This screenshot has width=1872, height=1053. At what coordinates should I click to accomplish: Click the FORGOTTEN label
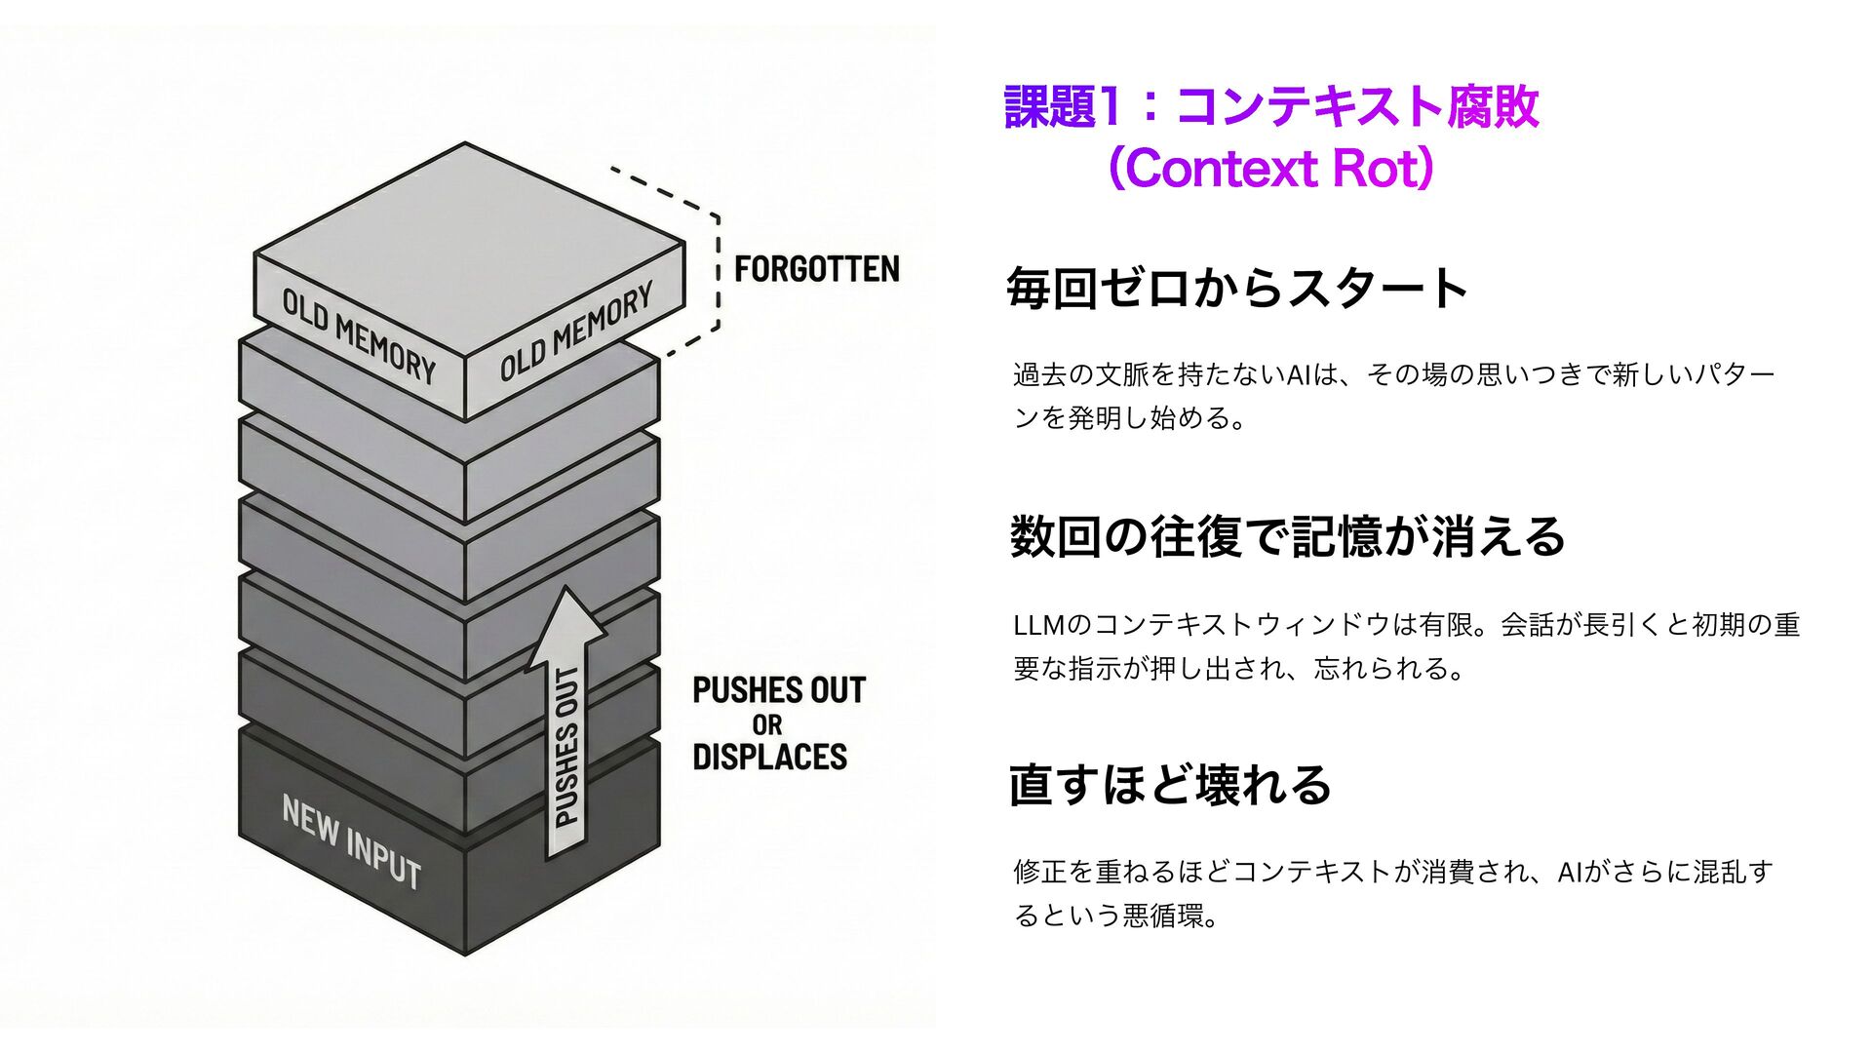(816, 269)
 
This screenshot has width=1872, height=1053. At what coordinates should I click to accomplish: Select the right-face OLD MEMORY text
(575, 332)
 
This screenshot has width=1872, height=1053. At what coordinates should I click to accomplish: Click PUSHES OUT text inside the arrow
(566, 749)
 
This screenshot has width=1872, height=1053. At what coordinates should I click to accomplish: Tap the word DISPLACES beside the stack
(769, 758)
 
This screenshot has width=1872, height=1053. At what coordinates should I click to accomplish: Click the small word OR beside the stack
(767, 725)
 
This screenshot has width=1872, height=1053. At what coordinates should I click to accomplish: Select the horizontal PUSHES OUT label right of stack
(778, 690)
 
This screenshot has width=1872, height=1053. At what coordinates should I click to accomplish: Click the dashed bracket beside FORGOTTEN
(716, 263)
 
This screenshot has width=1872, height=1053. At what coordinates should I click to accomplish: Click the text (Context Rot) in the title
(1270, 169)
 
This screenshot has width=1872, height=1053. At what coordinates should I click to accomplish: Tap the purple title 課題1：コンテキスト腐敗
(1270, 106)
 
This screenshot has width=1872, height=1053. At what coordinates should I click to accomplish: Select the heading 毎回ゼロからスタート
(1236, 289)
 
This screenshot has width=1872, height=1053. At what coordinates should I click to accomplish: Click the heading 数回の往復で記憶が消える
(1287, 537)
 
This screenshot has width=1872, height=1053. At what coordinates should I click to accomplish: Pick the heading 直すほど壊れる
(1170, 785)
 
